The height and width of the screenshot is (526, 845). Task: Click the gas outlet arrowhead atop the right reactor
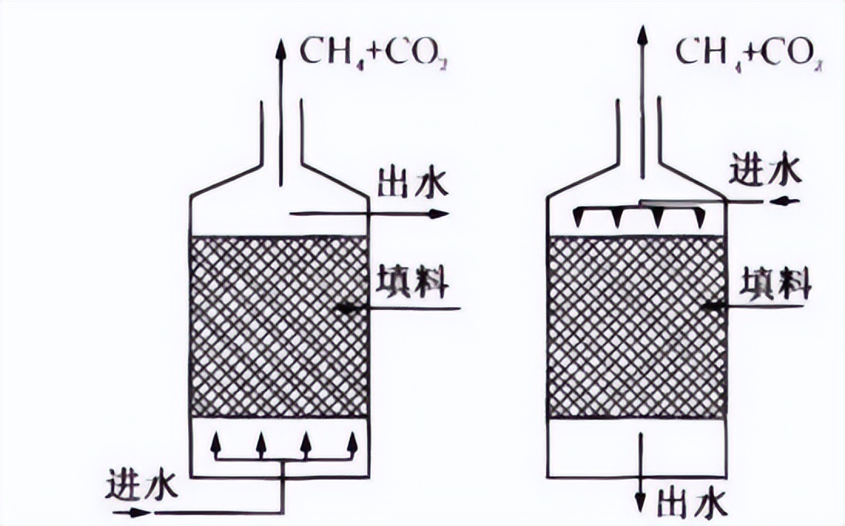(640, 34)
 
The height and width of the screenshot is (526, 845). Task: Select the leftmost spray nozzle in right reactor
(581, 219)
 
